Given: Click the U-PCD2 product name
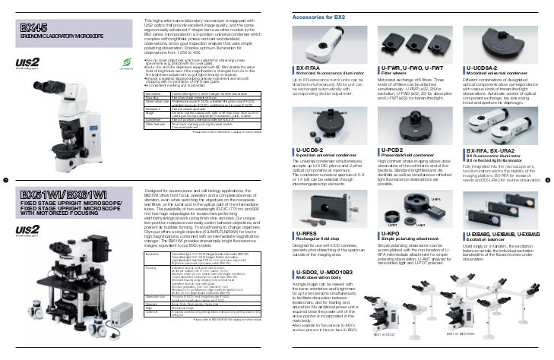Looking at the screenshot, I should click(394, 151).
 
